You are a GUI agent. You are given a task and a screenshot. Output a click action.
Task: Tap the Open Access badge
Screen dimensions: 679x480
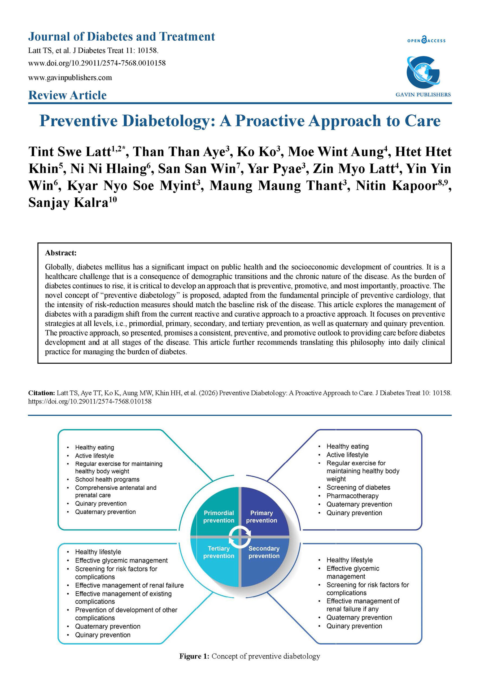[x=426, y=40]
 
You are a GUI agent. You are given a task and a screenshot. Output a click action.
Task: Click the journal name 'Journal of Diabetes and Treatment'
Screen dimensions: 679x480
[x=121, y=37]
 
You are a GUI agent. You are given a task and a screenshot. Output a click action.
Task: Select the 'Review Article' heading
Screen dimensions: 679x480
[x=67, y=95]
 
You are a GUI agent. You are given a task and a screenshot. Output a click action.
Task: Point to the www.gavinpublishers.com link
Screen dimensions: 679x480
[x=70, y=78]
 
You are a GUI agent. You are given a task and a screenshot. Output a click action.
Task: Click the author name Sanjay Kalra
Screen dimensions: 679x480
[x=68, y=203]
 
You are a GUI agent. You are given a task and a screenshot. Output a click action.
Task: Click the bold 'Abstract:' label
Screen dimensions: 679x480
[x=61, y=253]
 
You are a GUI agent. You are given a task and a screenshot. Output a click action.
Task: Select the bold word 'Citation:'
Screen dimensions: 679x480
[x=41, y=393]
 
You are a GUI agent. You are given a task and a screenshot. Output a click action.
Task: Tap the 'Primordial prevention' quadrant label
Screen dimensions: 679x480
[x=219, y=517]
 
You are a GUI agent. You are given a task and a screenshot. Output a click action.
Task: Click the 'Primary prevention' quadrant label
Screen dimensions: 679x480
[x=261, y=517]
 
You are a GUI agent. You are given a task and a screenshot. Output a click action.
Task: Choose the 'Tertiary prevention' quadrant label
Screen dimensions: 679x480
[x=219, y=552]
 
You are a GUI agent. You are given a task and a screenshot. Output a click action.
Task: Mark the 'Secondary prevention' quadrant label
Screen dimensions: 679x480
[x=264, y=552]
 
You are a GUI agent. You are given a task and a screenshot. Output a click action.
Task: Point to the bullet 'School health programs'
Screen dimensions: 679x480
[x=107, y=479]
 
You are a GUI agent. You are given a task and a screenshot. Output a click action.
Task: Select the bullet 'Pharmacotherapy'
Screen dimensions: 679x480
[x=352, y=496]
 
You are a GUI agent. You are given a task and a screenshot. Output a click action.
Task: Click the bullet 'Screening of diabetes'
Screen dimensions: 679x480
[x=358, y=487]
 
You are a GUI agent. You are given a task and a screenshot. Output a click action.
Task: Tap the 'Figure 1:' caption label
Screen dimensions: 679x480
[x=194, y=656]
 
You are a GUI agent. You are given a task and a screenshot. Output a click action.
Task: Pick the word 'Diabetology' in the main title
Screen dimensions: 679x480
[x=169, y=121]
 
